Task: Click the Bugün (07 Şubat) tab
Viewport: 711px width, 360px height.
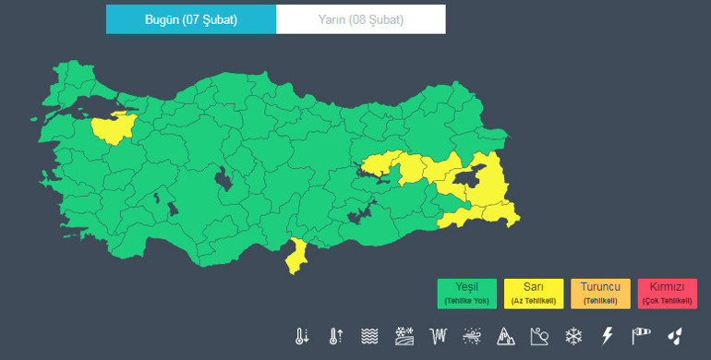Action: point(191,19)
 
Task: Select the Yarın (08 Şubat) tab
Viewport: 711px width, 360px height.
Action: point(361,19)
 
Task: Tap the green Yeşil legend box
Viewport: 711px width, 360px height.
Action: point(467,294)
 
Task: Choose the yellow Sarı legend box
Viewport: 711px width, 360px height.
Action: point(534,294)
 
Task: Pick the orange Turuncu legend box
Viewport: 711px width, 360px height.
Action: point(600,294)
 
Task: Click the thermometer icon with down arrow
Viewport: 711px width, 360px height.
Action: point(302,336)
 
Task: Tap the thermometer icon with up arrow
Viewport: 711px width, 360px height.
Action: point(335,336)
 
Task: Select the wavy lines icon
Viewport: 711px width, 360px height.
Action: point(369,336)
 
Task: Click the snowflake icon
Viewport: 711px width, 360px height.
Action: point(573,336)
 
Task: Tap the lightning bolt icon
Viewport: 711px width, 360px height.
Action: point(607,336)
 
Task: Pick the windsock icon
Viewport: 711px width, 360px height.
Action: point(641,336)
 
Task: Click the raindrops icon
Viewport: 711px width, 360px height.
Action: point(675,336)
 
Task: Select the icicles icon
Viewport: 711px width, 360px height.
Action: point(438,336)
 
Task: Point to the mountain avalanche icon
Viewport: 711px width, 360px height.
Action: point(505,336)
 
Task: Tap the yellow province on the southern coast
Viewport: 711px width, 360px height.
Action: point(297,256)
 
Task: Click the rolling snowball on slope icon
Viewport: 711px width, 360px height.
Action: point(539,336)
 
